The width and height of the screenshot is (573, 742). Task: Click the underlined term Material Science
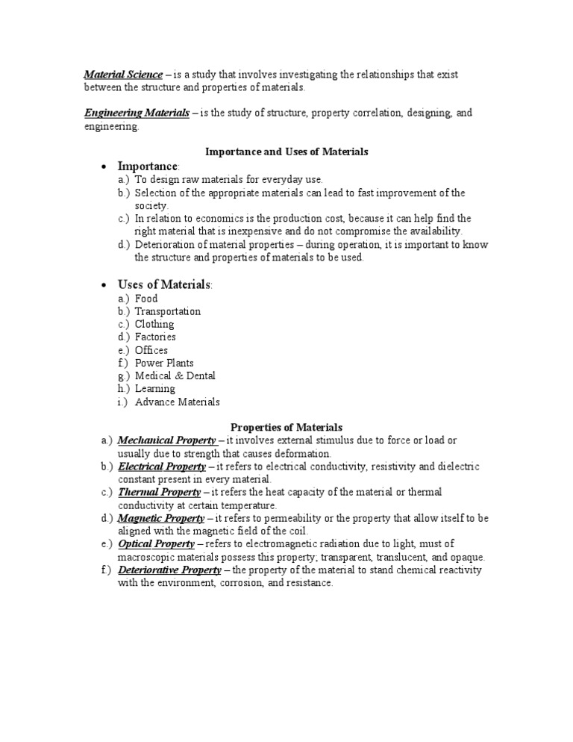[x=123, y=75]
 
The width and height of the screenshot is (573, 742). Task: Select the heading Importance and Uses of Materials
[x=286, y=152]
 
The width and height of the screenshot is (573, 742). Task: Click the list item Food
[x=146, y=299]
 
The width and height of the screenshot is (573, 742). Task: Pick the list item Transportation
[x=168, y=311]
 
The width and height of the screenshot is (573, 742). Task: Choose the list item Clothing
[x=154, y=324]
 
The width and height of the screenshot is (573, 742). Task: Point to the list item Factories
[x=156, y=337]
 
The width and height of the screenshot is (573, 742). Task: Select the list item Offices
[x=151, y=350]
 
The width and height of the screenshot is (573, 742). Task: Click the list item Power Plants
[x=164, y=363]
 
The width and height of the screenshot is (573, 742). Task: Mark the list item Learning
[x=155, y=389]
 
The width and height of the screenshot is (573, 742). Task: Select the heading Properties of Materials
[x=286, y=427]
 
